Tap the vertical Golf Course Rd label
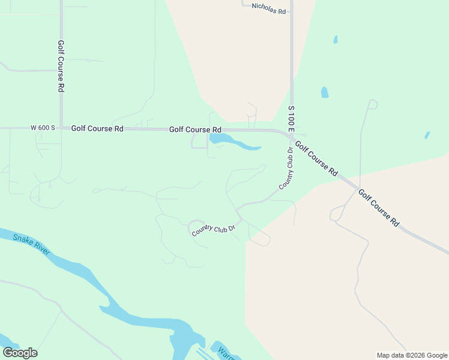tap(61, 65)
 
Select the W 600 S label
tap(43, 128)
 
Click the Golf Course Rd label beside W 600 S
tap(97, 128)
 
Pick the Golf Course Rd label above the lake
tap(195, 129)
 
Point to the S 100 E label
tap(291, 120)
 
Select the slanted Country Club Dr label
tap(212, 228)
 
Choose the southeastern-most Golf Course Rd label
tap(378, 207)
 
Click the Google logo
tap(20, 352)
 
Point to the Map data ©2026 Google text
tap(412, 355)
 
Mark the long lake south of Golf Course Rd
tap(234, 143)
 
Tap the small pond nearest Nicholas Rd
tap(336, 40)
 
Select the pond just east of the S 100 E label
tap(325, 92)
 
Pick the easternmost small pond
tap(427, 136)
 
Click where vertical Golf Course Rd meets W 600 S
tap(61, 128)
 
